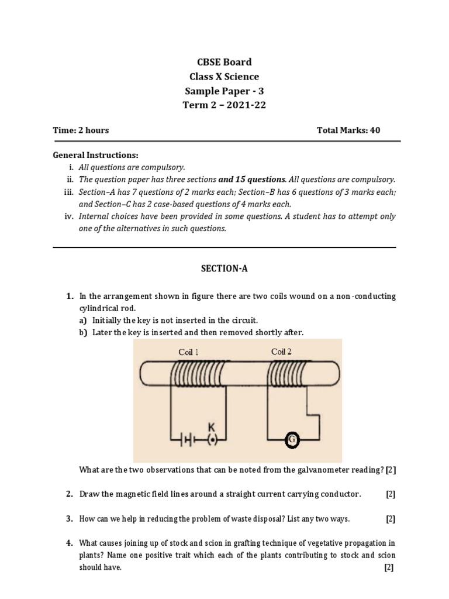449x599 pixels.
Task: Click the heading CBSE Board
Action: [x=224, y=62]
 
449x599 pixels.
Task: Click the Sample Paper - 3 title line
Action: [x=224, y=91]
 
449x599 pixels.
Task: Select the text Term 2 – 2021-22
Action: [x=224, y=105]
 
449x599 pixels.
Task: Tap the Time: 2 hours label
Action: [x=81, y=130]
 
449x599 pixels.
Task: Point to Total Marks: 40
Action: [x=348, y=130]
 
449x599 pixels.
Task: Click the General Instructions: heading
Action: [x=96, y=155]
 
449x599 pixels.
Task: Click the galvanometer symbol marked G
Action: [x=292, y=438]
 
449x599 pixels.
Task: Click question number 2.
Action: [x=69, y=494]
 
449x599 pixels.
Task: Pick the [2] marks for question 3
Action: [x=390, y=519]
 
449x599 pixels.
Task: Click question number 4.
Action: [x=69, y=543]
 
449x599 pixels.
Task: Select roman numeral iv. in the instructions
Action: [x=68, y=216]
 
